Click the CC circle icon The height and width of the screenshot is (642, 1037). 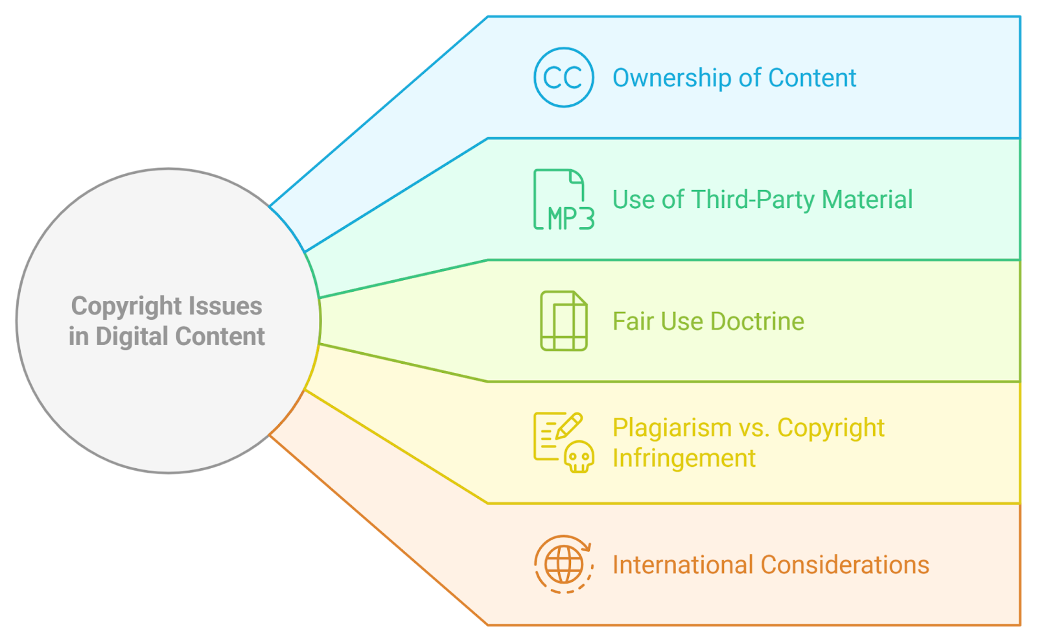coord(563,77)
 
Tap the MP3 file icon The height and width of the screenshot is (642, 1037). coord(563,199)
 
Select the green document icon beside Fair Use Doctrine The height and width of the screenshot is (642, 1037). coord(564,321)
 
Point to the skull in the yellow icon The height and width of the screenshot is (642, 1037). coord(579,457)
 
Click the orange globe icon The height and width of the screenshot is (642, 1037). coord(563,564)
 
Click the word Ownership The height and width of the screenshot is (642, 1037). coord(671,78)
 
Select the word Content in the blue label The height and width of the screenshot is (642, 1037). coord(811,78)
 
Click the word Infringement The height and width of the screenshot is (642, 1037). coord(684,458)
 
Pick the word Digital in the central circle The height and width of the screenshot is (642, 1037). coord(132,337)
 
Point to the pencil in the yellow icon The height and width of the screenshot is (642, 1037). coord(568,426)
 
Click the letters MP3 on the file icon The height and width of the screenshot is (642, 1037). coord(570,219)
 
